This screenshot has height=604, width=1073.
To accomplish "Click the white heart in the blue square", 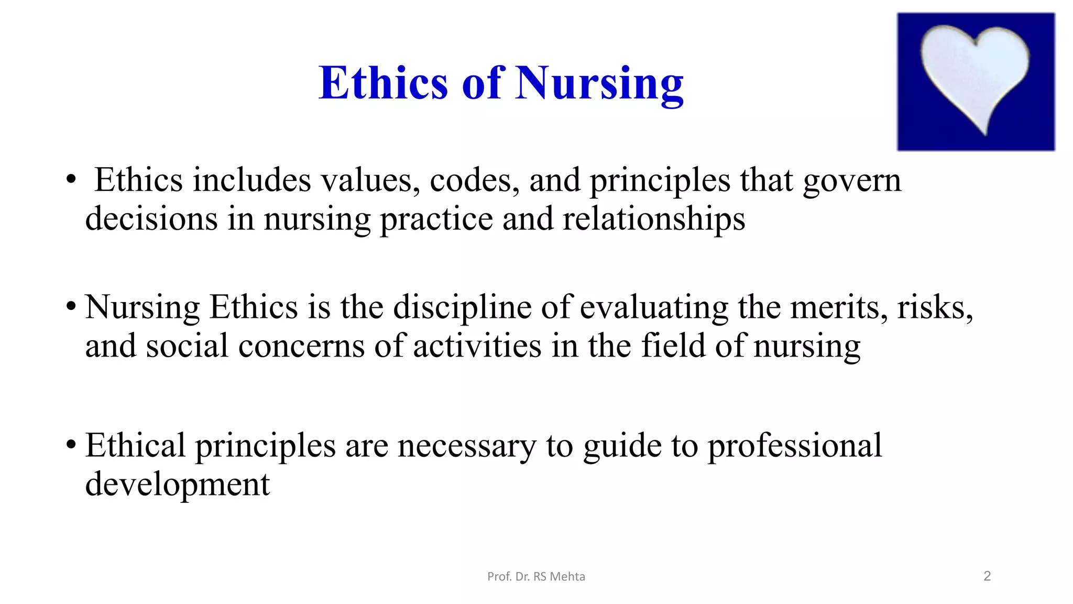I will click(975, 73).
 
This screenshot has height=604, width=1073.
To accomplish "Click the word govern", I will click(852, 180).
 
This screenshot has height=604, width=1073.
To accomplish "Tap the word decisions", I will click(151, 219).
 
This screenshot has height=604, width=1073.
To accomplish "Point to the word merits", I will click(839, 307).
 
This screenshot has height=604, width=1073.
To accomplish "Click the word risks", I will click(935, 307).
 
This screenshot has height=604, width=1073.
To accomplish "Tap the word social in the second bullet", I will click(187, 346).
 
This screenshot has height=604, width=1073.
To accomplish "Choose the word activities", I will click(477, 346).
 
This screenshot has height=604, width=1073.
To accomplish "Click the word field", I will click(673, 346).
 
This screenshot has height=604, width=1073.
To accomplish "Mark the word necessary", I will click(467, 446).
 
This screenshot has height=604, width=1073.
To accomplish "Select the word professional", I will click(795, 446).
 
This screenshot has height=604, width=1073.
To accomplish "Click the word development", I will click(178, 484).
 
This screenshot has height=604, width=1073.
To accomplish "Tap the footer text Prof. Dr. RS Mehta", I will click(536, 577).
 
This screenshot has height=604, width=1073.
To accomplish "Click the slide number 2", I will click(987, 576).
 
